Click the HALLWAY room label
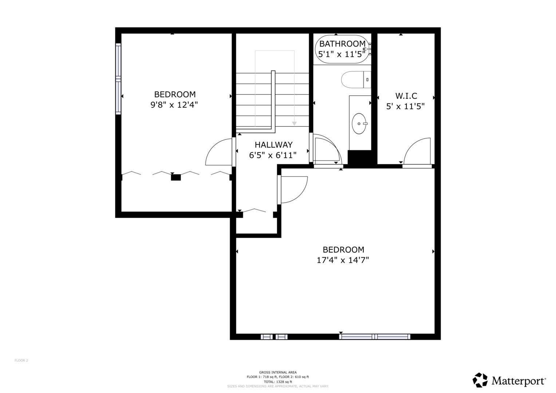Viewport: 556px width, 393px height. click(273, 145)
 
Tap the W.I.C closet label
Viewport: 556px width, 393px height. click(406, 96)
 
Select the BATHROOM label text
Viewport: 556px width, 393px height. click(342, 44)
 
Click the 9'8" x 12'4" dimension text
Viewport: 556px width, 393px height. click(174, 105)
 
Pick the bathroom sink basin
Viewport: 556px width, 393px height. click(359, 124)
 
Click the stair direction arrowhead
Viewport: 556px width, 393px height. click(294, 124)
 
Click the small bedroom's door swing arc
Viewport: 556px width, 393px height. click(218, 153)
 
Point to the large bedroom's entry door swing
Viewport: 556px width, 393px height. click(293, 189)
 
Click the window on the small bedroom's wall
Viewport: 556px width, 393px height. click(118, 79)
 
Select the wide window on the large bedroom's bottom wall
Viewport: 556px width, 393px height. click(375, 337)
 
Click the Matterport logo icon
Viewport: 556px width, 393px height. click(480, 380)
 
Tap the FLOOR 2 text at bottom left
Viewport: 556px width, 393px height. click(21, 361)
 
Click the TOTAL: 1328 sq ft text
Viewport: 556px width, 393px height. click(278, 382)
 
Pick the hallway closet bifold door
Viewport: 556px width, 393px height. click(254, 210)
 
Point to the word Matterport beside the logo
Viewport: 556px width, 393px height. click(518, 381)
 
